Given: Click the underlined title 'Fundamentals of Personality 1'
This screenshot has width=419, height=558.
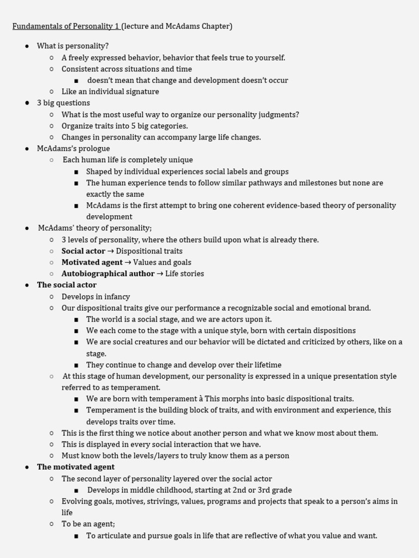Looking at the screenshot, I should [65, 26].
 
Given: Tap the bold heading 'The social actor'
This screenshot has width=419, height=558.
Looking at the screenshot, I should [67, 285].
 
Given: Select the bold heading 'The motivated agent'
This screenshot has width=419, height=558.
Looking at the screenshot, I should [76, 467].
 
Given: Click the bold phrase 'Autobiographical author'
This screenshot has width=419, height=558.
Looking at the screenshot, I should [108, 274].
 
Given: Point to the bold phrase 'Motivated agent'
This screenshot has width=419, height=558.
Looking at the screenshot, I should [88, 262].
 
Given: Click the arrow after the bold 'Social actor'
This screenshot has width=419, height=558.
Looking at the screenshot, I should [110, 251].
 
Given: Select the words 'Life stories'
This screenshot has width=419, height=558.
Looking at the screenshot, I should [184, 274].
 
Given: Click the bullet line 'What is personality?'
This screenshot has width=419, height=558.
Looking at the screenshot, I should [73, 46].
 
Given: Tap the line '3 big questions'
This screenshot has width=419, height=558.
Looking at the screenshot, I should [63, 103].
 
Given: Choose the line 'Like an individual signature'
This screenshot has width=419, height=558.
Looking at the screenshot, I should [110, 92].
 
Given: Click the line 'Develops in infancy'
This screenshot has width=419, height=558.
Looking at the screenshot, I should [95, 296].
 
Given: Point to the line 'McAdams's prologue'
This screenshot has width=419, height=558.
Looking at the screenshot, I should [73, 148].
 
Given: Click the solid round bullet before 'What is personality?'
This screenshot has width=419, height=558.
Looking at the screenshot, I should [27, 46].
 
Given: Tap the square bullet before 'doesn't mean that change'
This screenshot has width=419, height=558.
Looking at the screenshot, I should [76, 81].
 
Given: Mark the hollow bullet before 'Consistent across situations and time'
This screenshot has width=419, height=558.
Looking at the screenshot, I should [51, 69].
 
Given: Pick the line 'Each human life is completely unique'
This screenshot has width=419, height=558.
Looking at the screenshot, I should [128, 160].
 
